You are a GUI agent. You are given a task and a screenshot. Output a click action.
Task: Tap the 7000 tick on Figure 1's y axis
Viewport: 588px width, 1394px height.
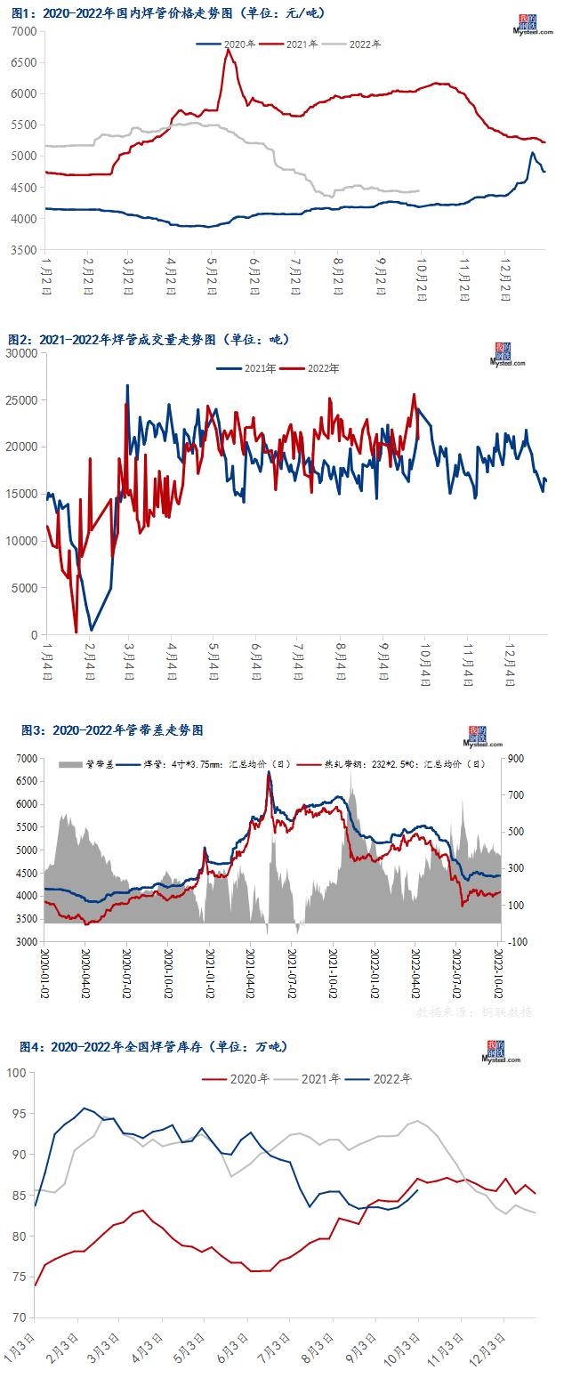click(24, 31)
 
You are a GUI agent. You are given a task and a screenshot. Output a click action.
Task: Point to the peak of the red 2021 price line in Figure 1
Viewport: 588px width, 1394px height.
click(228, 49)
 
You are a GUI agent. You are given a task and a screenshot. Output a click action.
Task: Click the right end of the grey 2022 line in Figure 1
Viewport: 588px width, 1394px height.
click(419, 190)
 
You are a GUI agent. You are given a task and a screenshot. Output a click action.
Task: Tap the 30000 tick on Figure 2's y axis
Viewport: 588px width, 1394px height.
click(20, 353)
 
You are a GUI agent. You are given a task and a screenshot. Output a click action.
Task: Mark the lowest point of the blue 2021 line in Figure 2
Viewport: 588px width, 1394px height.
click(91, 630)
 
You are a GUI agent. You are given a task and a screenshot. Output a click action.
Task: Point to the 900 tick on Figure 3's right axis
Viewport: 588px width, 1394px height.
click(516, 758)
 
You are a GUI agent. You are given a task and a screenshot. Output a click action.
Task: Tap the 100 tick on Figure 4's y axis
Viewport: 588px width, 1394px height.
click(17, 1073)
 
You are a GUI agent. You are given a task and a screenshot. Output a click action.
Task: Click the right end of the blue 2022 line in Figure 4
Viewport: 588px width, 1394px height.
click(418, 1190)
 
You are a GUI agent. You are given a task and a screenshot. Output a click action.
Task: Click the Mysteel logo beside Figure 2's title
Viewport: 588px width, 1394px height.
click(507, 355)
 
